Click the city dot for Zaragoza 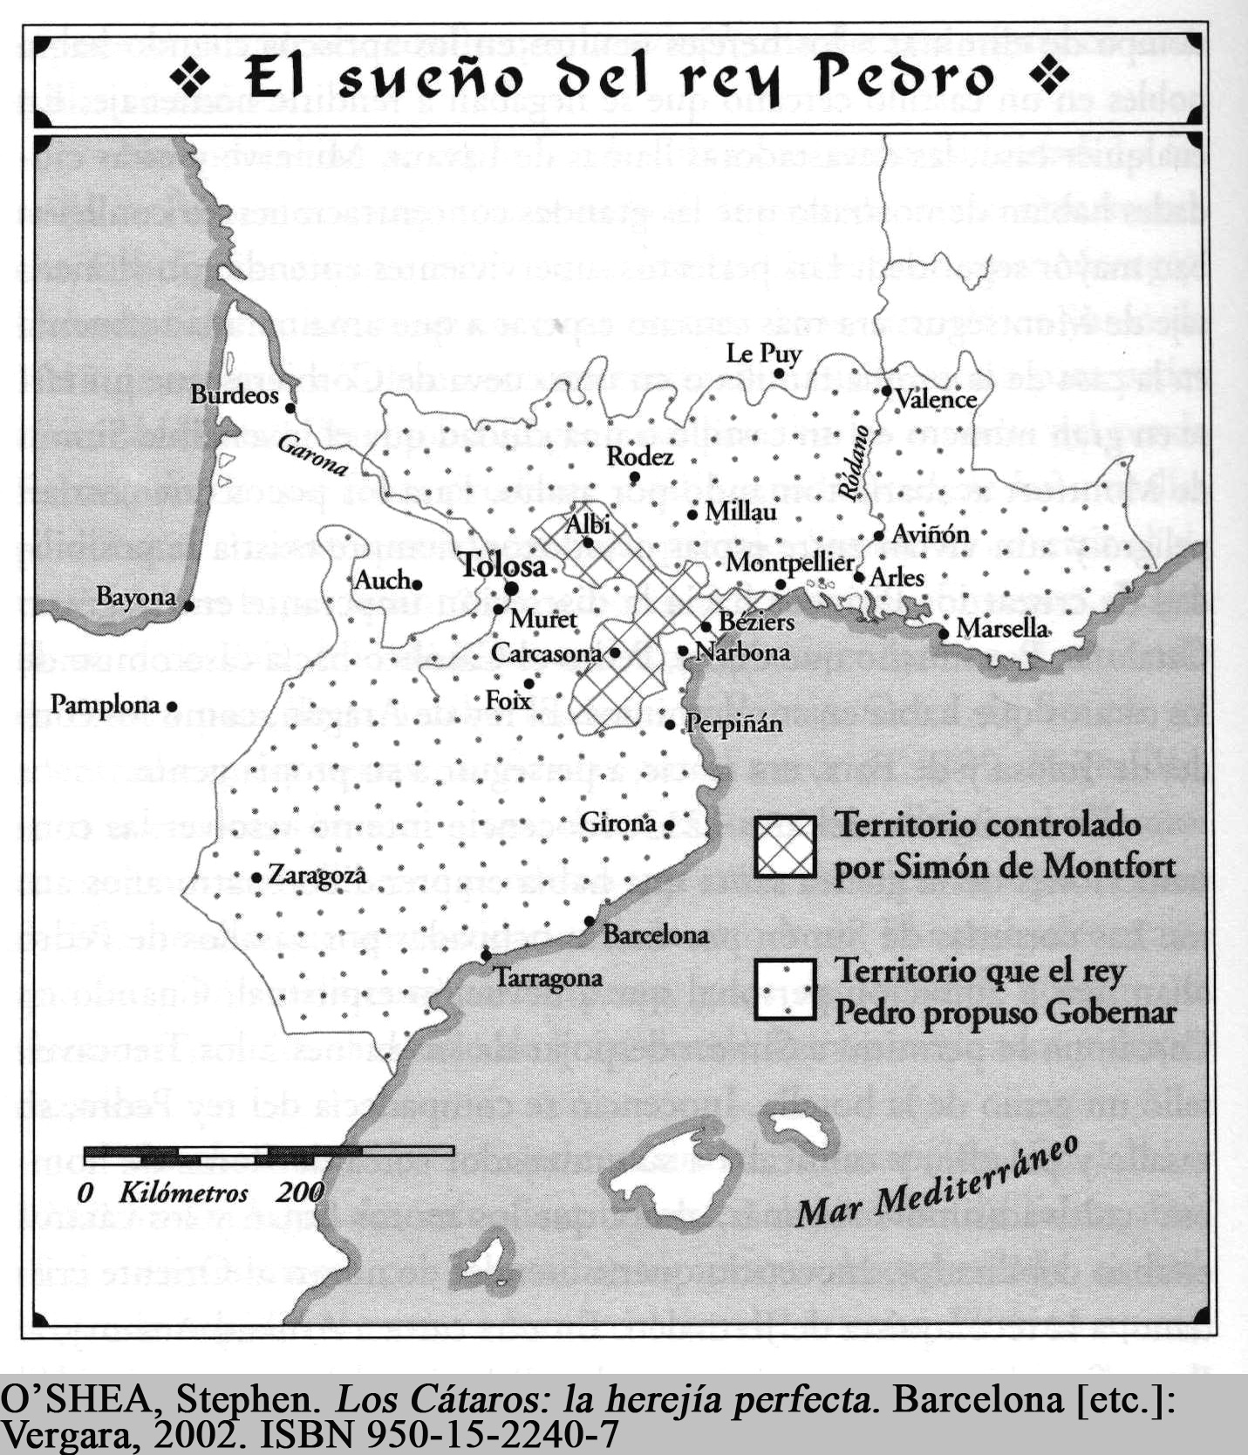256,877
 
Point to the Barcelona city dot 590,921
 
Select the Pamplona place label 105,704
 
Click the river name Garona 312,455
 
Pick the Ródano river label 851,463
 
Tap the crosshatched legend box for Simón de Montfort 786,847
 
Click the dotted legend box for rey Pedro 786,990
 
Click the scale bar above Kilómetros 269,1151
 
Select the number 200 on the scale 300,1192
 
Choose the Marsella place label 1002,628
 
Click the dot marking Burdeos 290,406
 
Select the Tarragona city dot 486,957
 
